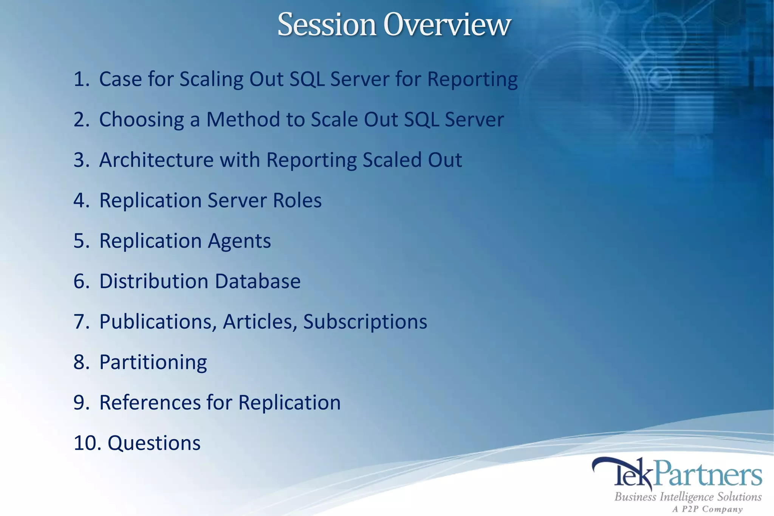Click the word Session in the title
point(327,25)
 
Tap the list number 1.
point(81,79)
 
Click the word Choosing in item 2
point(141,120)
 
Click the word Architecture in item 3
point(156,160)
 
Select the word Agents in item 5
point(239,241)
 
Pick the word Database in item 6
point(258,281)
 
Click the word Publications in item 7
point(158,322)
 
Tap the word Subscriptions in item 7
point(365,322)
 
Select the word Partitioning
point(153,363)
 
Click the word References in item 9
point(150,403)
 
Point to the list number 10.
point(87,443)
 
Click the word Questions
point(154,443)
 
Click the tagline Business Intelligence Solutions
point(688,497)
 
